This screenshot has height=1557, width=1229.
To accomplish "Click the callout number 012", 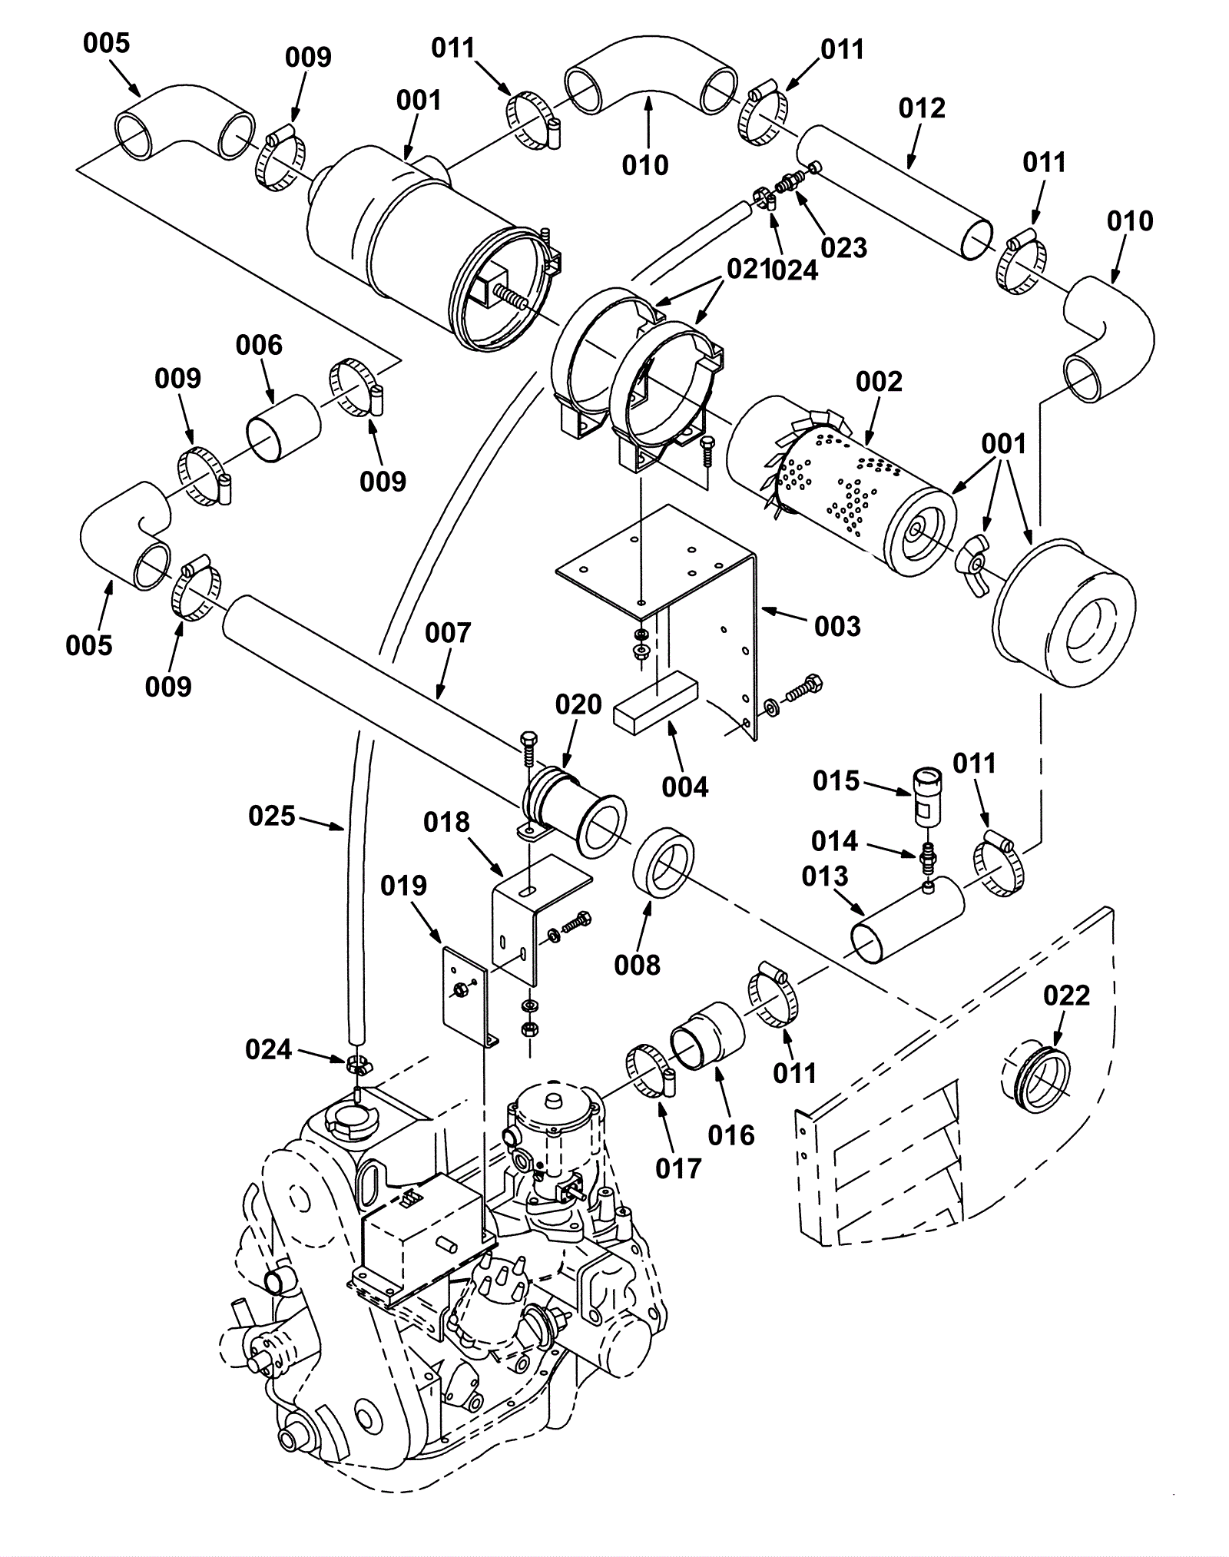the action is pyautogui.click(x=922, y=108).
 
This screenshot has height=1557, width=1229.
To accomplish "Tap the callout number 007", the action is pyautogui.click(x=448, y=633).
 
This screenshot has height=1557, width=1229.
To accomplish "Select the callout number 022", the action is pyautogui.click(x=1067, y=995).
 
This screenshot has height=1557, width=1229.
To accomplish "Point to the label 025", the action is pyautogui.click(x=272, y=816).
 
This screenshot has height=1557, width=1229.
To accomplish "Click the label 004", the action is pyautogui.click(x=685, y=787).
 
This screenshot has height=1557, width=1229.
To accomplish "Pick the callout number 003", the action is pyautogui.click(x=837, y=626).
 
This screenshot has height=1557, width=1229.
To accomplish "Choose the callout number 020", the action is pyautogui.click(x=578, y=704).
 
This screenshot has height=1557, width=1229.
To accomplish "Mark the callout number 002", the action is pyautogui.click(x=879, y=382).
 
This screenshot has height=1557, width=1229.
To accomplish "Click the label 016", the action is pyautogui.click(x=731, y=1135).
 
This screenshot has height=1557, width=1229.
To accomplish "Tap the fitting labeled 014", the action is pyautogui.click(x=926, y=856).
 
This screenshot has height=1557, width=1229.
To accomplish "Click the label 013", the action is pyautogui.click(x=825, y=876).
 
